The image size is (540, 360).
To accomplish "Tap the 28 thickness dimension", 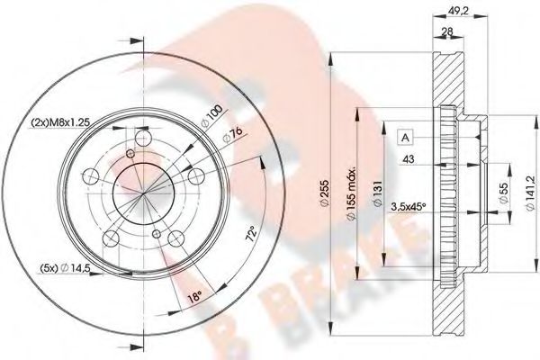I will pyautogui.click(x=447, y=33).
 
